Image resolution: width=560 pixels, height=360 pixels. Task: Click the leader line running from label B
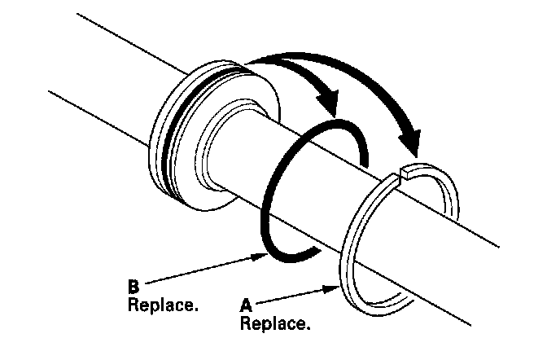203,271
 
